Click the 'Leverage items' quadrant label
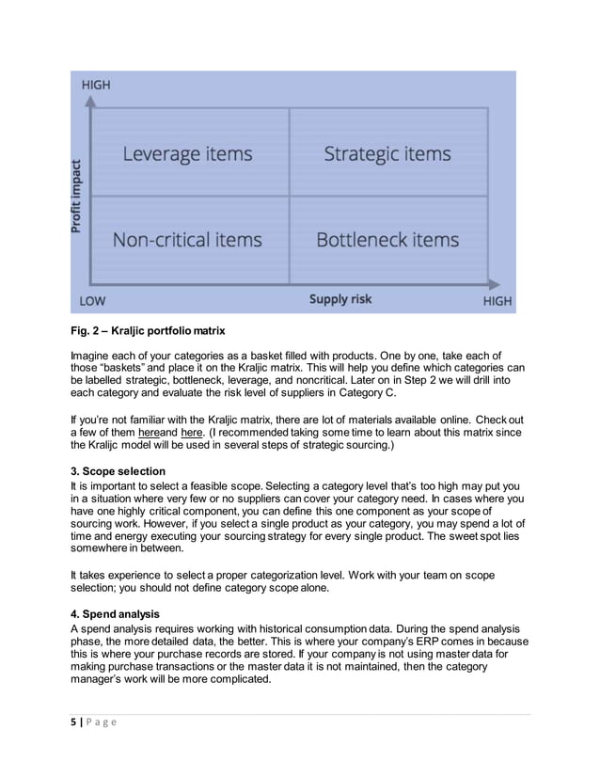coord(187,154)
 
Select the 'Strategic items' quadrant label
coord(387,154)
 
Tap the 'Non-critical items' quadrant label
coord(187,240)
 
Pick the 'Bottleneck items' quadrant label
coord(387,240)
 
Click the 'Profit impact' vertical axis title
coord(77,195)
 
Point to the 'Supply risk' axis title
coord(340,300)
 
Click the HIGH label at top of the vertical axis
coord(96,85)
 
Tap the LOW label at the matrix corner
coord(92,301)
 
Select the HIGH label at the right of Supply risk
coord(497,301)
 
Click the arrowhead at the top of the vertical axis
coord(89,97)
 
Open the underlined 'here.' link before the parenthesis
coord(191,432)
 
